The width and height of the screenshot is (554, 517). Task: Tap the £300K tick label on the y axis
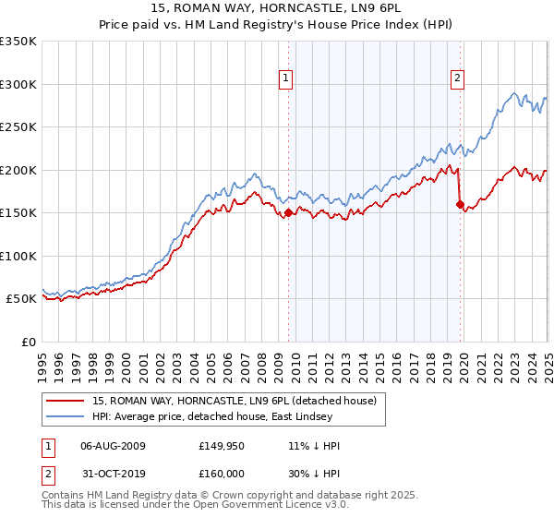click(x=18, y=84)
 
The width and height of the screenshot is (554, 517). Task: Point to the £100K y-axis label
click(x=18, y=256)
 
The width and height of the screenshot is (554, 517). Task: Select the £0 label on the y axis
click(x=28, y=342)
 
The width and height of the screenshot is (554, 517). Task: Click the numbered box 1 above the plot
click(x=287, y=79)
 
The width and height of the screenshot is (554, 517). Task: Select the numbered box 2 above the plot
click(x=457, y=79)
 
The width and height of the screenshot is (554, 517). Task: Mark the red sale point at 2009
click(x=288, y=212)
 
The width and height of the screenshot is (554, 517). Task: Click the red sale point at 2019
click(x=460, y=204)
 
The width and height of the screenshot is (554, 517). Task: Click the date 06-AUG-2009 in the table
click(x=113, y=446)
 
